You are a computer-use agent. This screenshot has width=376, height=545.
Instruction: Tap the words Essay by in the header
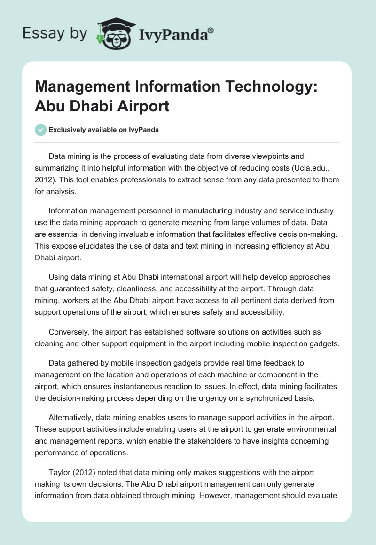coord(55,33)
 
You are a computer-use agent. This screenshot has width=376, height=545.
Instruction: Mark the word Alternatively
coord(72,419)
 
